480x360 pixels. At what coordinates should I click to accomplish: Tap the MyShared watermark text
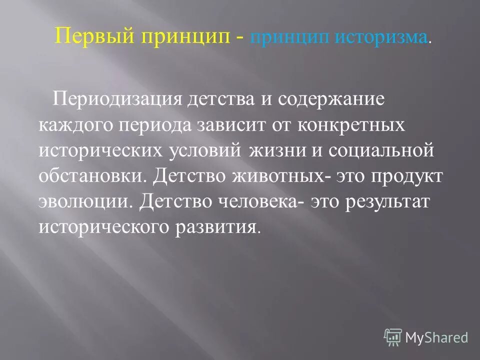(x=436, y=336)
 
